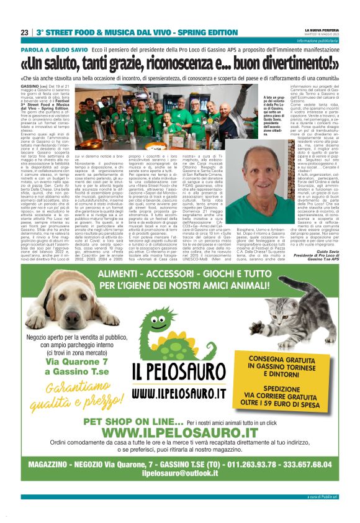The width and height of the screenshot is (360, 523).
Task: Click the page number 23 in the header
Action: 24,32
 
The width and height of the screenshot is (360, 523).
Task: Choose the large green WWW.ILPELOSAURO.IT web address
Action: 179,432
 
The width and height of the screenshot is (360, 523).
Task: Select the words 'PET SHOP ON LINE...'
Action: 135,421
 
